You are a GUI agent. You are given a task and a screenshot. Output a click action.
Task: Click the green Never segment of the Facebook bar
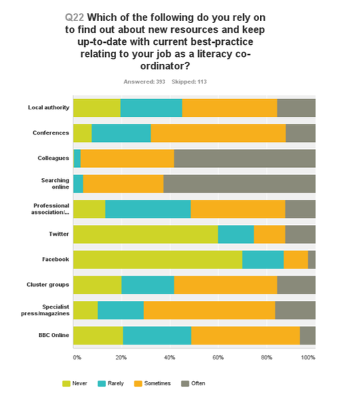(x=158, y=260)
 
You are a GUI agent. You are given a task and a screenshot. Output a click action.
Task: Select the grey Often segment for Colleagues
(x=245, y=158)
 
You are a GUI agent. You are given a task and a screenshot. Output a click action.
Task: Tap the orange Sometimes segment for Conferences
(x=218, y=133)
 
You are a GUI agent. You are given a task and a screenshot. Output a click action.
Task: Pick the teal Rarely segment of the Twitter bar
(x=236, y=234)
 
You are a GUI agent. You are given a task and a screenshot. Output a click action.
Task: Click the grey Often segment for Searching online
(x=239, y=183)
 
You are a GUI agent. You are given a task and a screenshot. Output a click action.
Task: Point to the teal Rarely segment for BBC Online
(x=157, y=336)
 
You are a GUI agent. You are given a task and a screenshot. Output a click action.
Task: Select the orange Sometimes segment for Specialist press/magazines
(x=209, y=310)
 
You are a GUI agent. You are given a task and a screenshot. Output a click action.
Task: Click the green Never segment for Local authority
(x=96, y=107)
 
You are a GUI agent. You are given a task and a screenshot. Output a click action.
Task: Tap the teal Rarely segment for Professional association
(x=148, y=209)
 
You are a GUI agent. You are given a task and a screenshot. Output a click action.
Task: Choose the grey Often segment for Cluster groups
(x=296, y=285)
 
